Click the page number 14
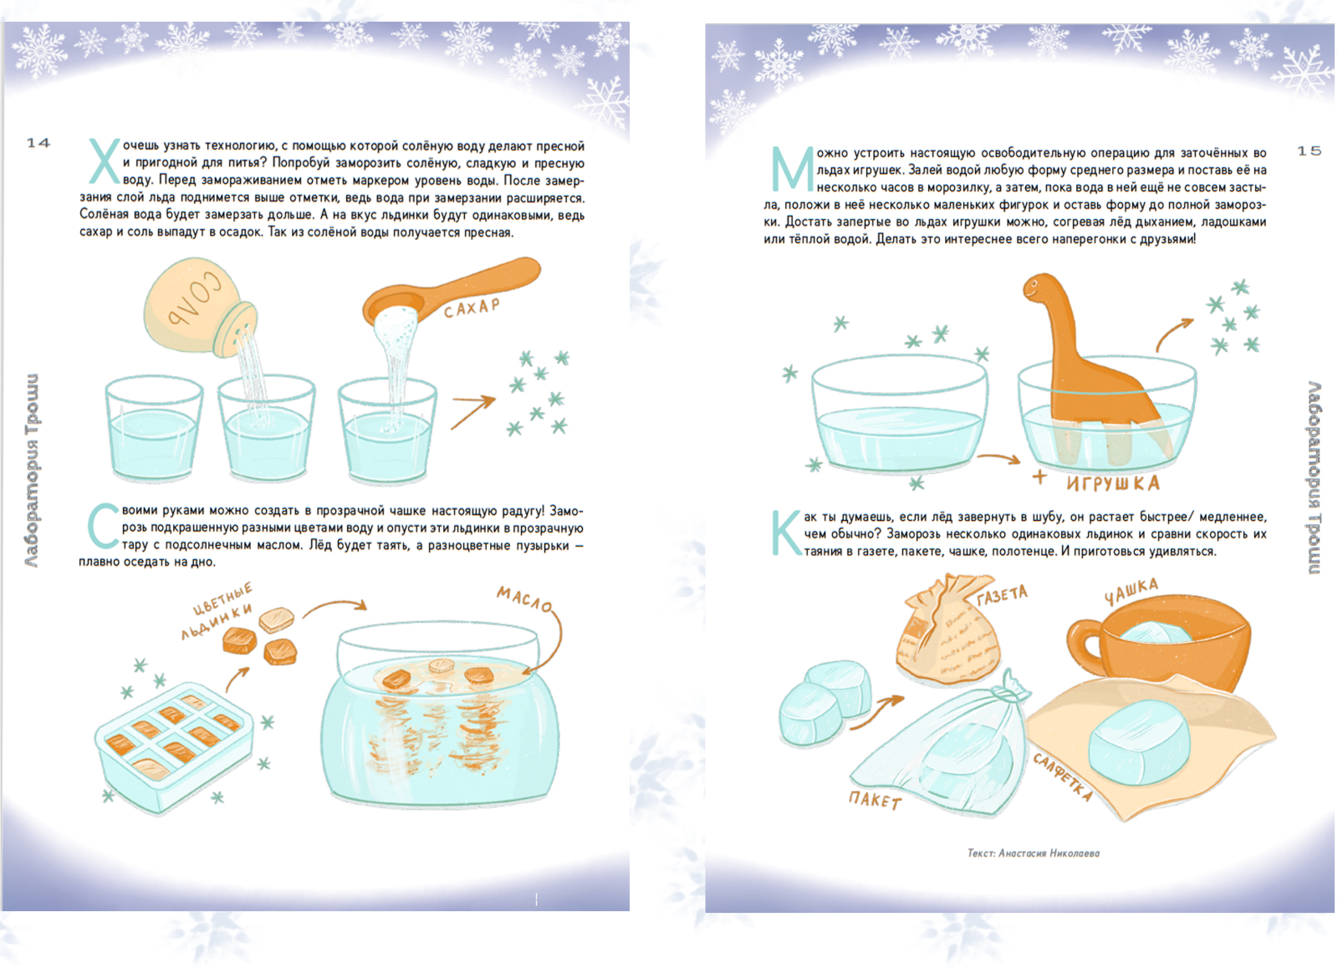pos(38,143)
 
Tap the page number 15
pos(1309,150)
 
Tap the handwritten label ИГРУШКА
pos(1113,483)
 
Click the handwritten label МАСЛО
pos(524,599)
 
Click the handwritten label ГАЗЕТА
pos(1003,595)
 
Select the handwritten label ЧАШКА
pos(1131,591)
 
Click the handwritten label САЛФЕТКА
pos(1063,777)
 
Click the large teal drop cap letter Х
pos(105,161)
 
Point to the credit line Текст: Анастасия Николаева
pos(1034,853)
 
